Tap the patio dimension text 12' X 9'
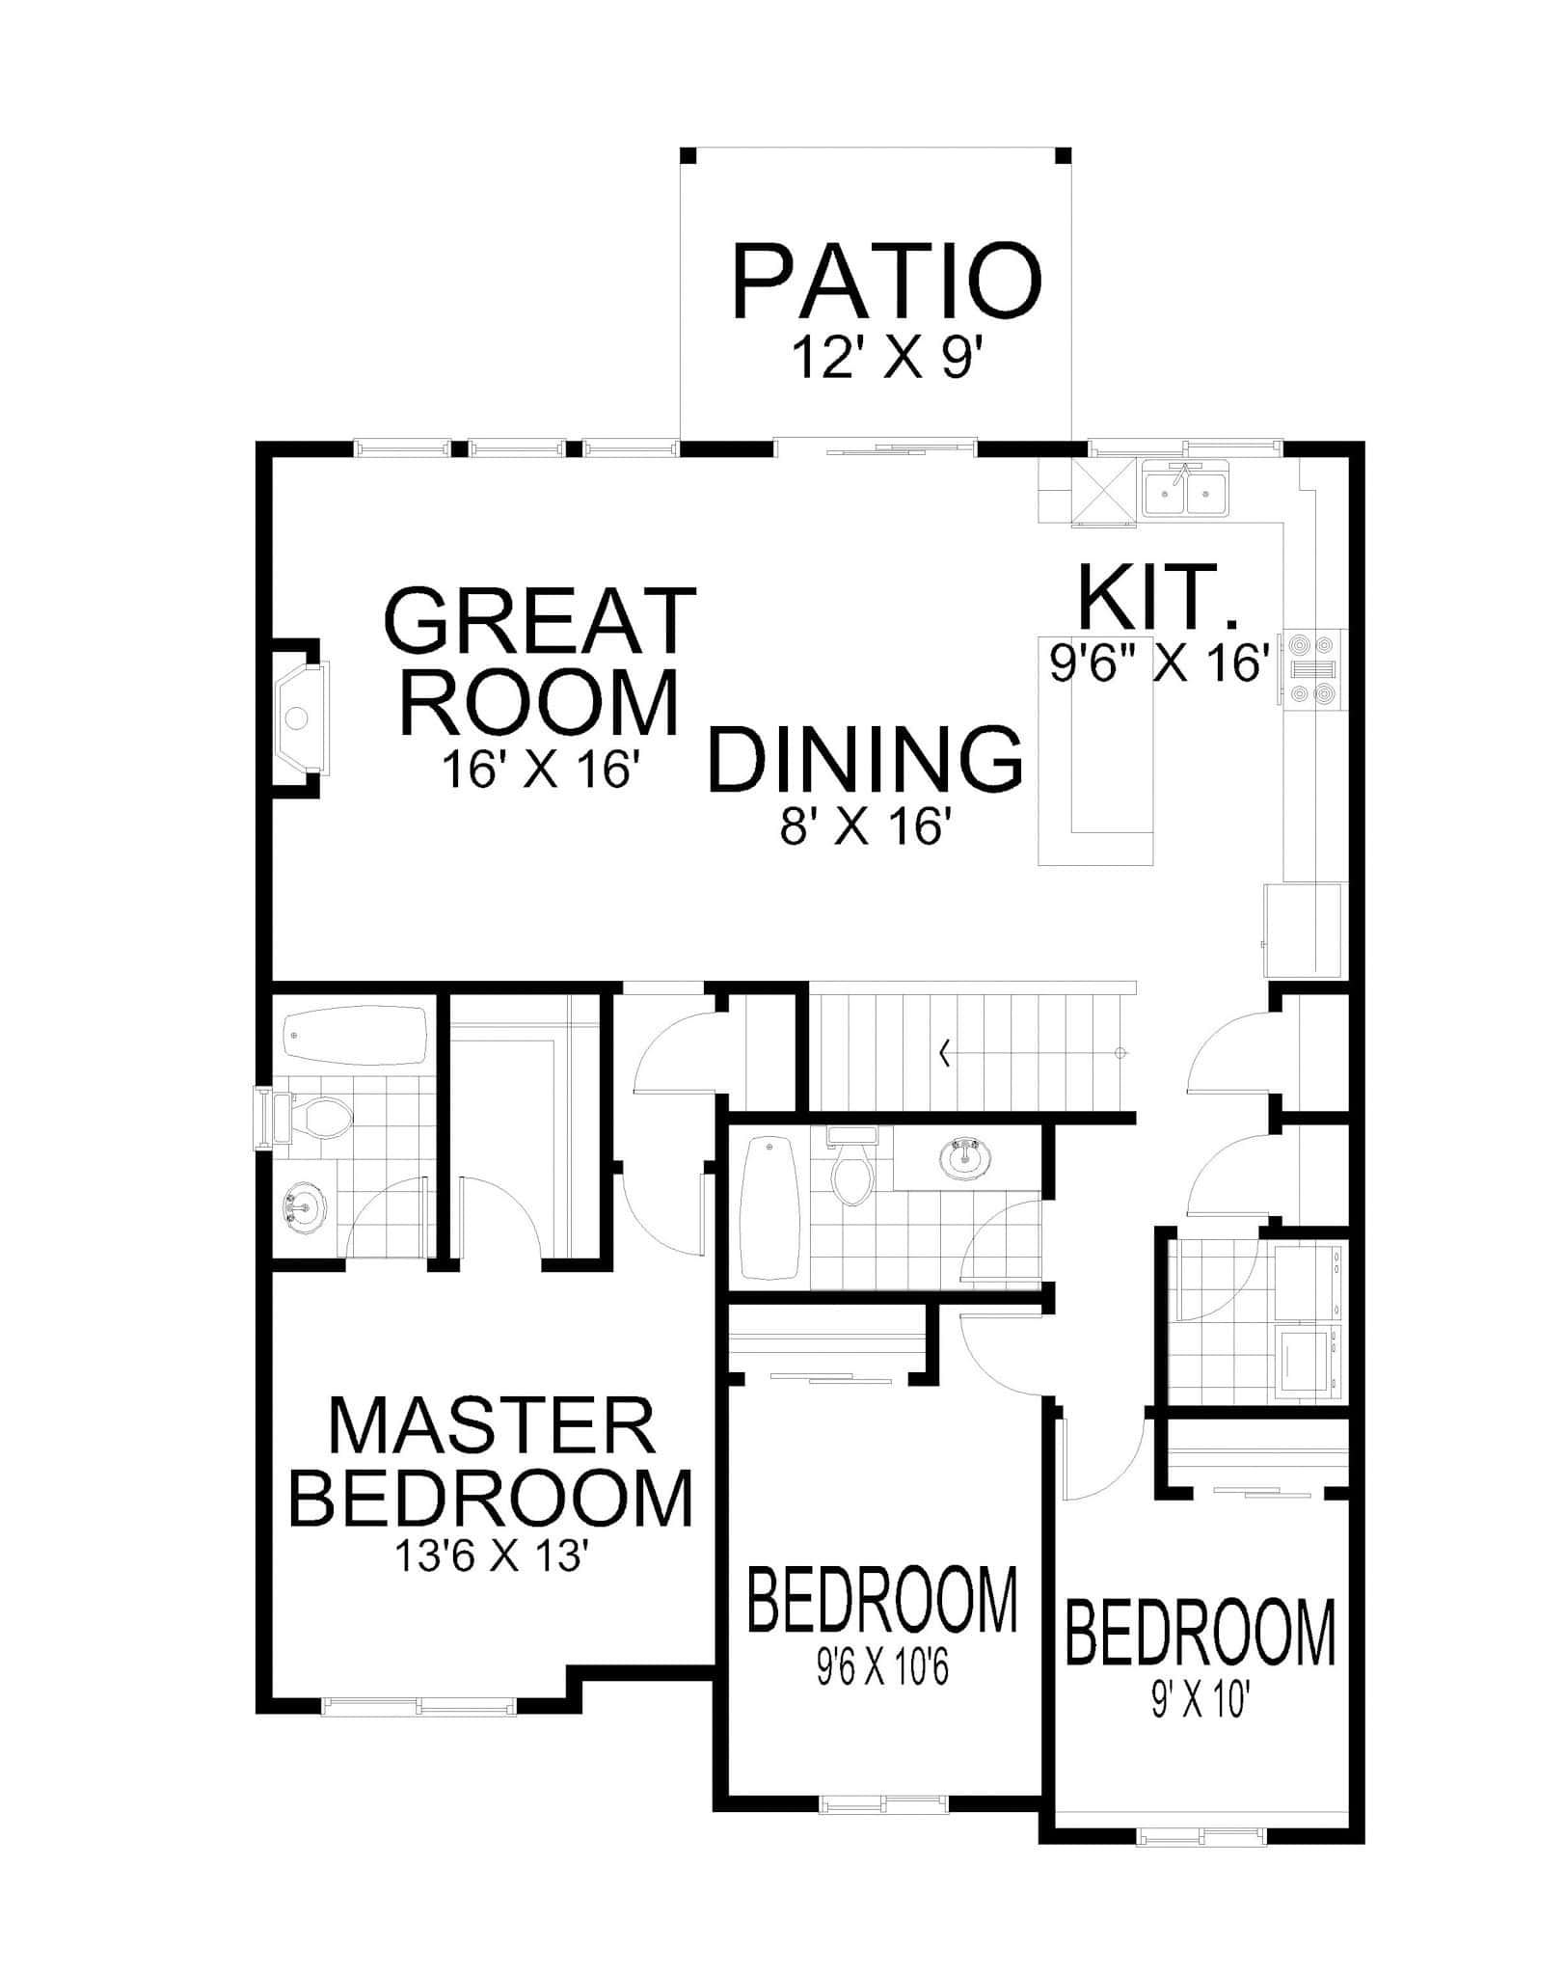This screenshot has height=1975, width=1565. (887, 357)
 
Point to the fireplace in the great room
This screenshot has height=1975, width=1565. (301, 717)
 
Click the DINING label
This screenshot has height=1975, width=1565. (865, 761)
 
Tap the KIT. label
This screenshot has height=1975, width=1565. (1158, 599)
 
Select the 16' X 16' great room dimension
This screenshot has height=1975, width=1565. (541, 771)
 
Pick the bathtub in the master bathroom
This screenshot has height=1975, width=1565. (357, 1036)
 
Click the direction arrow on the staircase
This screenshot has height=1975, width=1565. (945, 1055)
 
